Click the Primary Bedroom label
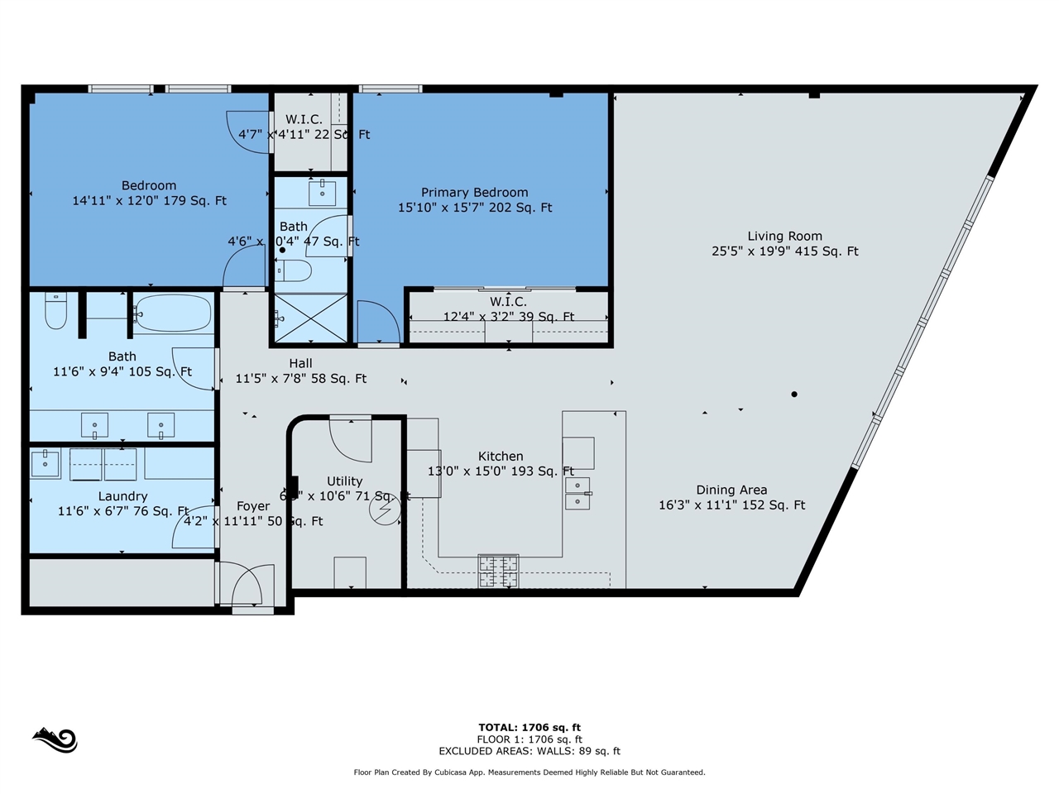click(x=474, y=193)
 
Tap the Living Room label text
click(x=784, y=236)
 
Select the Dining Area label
click(x=731, y=490)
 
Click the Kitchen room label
click(x=501, y=457)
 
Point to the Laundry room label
click(x=122, y=496)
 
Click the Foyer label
click(x=253, y=506)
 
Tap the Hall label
click(x=300, y=363)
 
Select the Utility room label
click(x=344, y=481)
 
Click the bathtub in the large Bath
click(x=172, y=313)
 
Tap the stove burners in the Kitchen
click(x=498, y=571)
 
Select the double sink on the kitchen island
click(x=577, y=493)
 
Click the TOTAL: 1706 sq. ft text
click(x=529, y=728)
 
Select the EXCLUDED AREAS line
click(x=529, y=751)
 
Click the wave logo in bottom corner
click(x=55, y=739)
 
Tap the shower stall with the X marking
click(x=310, y=318)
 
